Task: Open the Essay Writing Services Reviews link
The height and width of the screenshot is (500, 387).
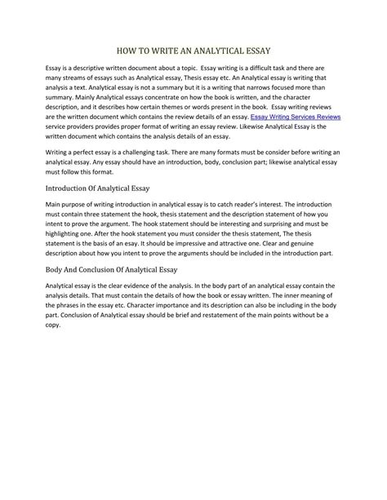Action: coord(295,117)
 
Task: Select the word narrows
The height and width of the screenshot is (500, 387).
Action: coord(264,85)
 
